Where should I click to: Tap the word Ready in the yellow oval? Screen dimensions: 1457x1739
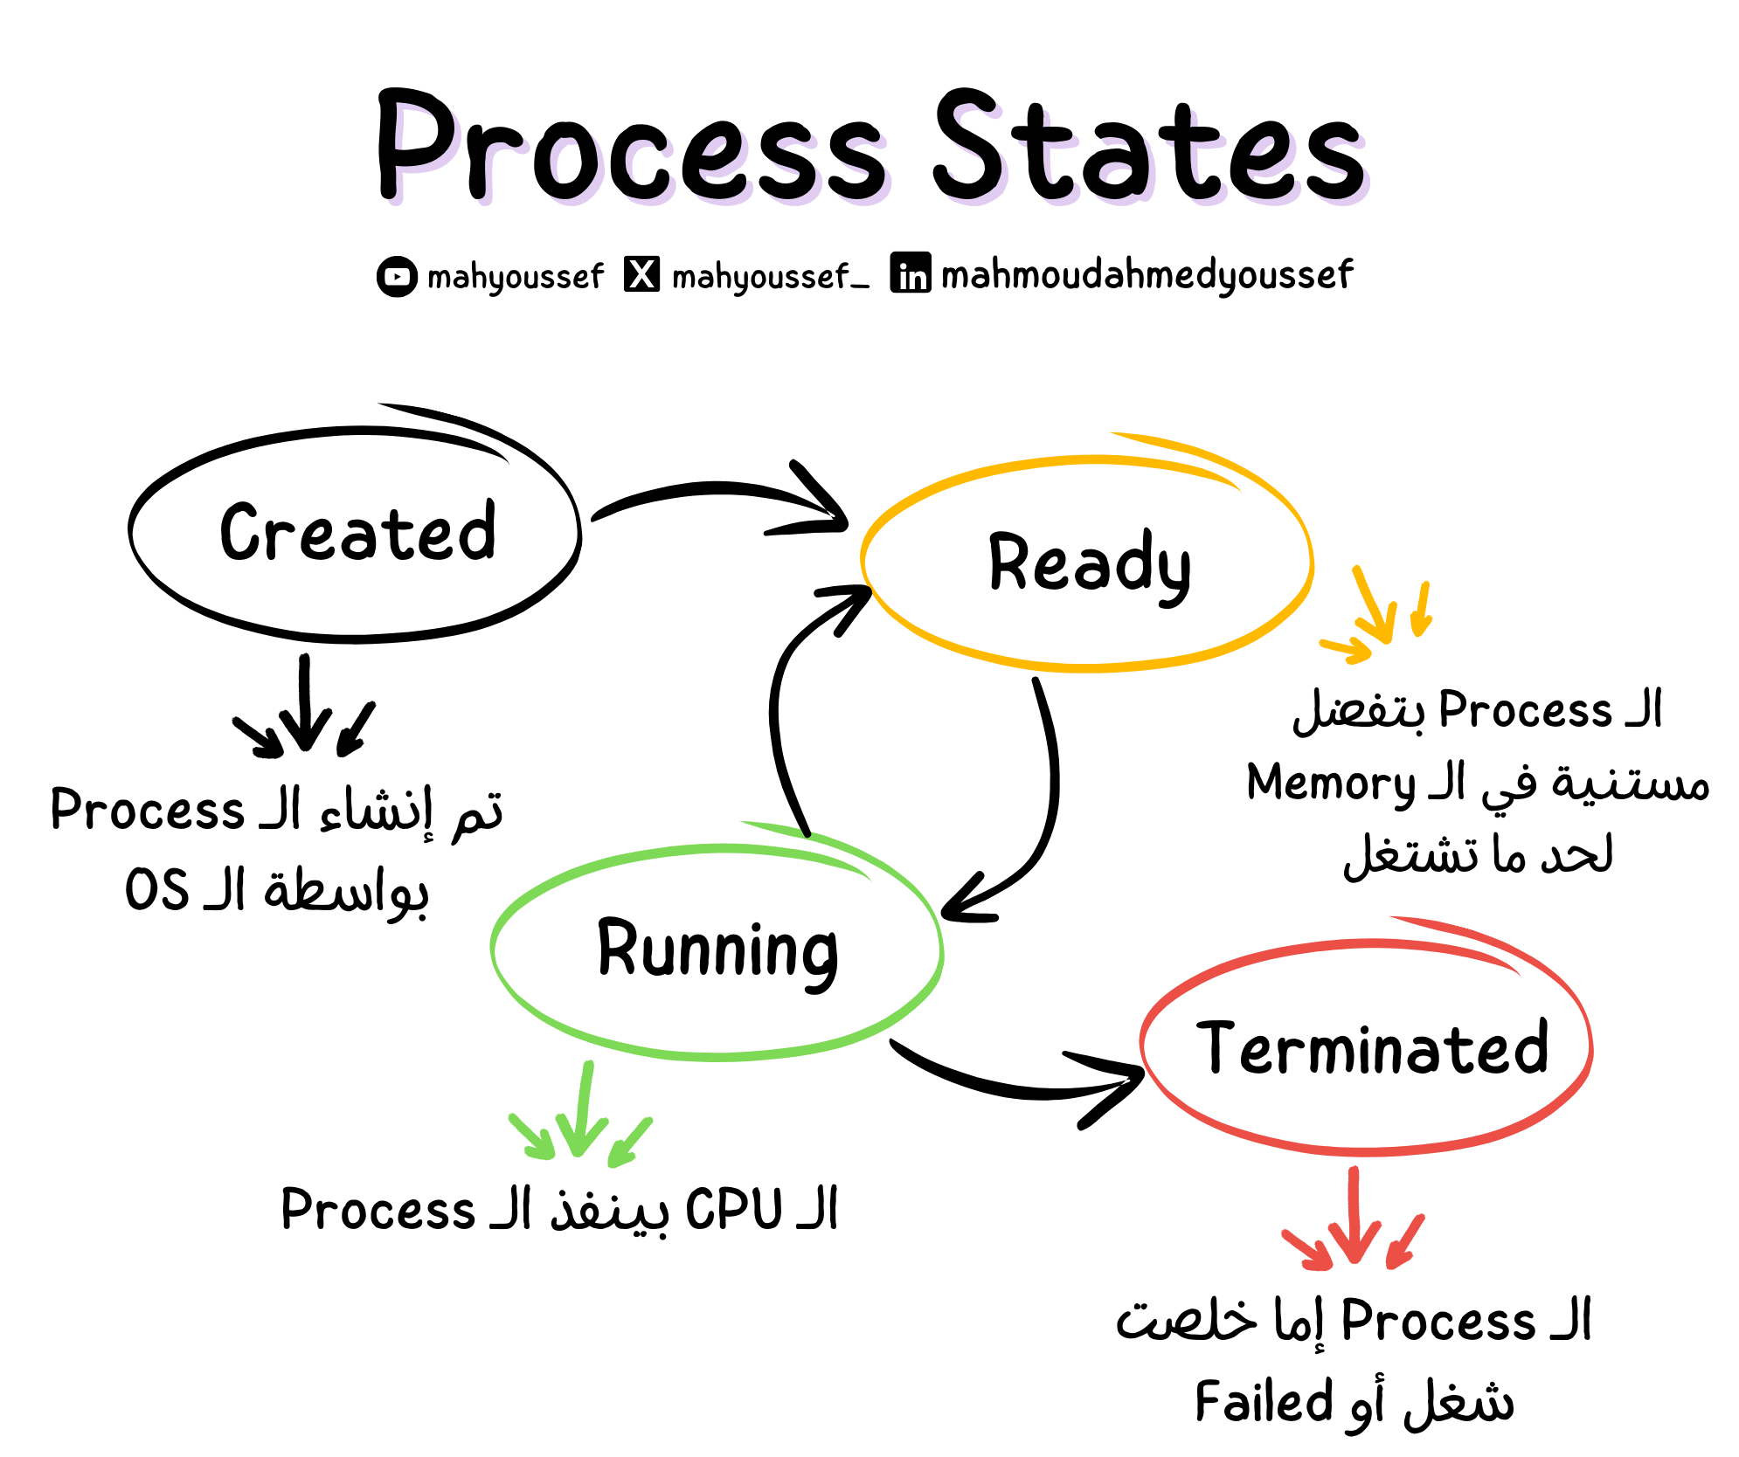click(1089, 564)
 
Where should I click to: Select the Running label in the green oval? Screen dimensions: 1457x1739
click(717, 950)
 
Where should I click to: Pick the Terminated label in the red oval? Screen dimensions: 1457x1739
click(1372, 1048)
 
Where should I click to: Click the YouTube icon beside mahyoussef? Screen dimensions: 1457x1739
click(397, 276)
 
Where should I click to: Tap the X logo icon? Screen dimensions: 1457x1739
click(642, 274)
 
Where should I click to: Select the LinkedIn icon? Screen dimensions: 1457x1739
click(911, 273)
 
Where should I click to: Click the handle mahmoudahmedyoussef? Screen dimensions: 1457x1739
click(1147, 275)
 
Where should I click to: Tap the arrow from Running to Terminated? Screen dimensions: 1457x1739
click(1022, 1083)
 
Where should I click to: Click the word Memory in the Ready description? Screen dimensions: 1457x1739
click(1330, 784)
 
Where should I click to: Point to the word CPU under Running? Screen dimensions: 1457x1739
click(734, 1210)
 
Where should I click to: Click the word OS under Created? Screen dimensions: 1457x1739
click(157, 890)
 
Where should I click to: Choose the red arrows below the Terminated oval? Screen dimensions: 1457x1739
click(1354, 1223)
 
